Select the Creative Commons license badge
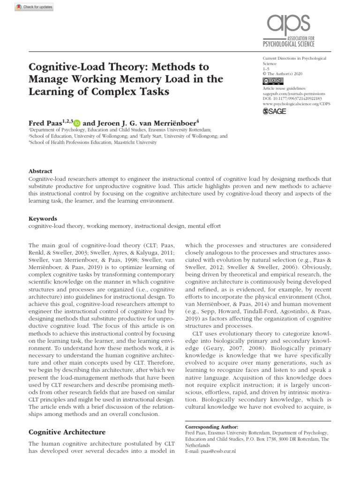[x=270, y=81]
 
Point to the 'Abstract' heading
[x=40, y=171]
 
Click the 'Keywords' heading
[x=43, y=218]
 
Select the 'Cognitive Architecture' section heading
[x=67, y=432]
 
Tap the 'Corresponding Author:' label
[x=212, y=427]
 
